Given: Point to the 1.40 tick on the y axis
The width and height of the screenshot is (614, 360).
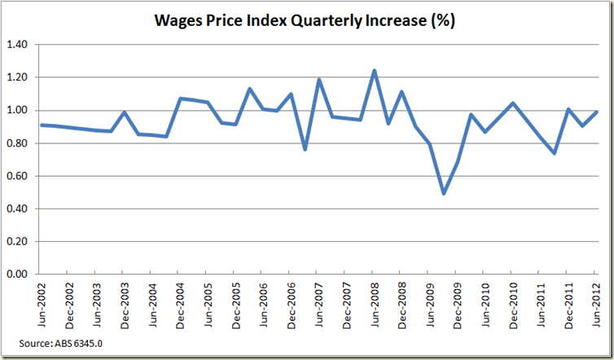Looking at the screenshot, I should [x=16, y=44].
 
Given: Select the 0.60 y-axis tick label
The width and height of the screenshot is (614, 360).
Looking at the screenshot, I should [x=16, y=176].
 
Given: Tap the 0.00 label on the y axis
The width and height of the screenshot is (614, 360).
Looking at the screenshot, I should [x=16, y=274].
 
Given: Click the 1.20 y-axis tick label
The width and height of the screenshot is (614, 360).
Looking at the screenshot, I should [x=16, y=77].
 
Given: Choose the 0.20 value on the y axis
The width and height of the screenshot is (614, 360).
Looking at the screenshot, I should [x=16, y=242].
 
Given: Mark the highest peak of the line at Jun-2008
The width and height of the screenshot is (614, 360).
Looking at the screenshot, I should [x=373, y=71].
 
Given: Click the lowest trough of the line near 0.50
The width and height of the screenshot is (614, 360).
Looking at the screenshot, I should [x=443, y=193].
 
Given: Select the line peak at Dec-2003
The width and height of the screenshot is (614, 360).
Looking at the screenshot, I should [x=122, y=112].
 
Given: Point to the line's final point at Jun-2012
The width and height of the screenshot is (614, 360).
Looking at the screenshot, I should [x=595, y=112].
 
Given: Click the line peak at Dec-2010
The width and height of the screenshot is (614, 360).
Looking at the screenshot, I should [x=511, y=103].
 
